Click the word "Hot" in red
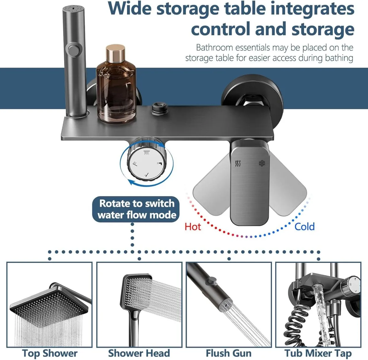click(193, 227)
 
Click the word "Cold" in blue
click(304, 227)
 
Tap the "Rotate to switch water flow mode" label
click(136, 209)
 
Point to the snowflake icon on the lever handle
click(262, 163)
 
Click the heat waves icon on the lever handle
click(238, 163)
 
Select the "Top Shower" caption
click(50, 353)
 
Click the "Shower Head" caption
click(139, 353)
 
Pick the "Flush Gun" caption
click(228, 353)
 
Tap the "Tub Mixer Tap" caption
click(318, 353)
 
